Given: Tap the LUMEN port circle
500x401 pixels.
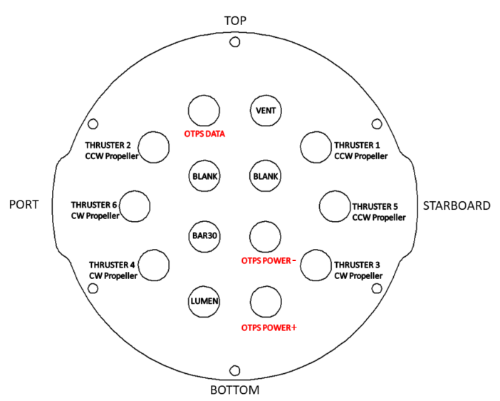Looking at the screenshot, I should tap(205, 301).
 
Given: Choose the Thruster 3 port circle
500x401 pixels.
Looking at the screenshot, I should tap(316, 265).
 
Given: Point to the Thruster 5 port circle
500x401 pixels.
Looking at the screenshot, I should tap(335, 206).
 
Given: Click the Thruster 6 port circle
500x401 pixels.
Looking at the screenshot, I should tap(135, 206).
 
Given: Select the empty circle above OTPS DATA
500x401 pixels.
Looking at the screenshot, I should tap(205, 111).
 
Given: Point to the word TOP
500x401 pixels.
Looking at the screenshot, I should tap(235, 21).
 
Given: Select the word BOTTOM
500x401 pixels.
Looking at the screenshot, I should tap(235, 390).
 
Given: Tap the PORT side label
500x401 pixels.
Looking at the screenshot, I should tap(24, 205).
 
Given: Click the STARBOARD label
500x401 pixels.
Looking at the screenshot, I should tap(457, 206).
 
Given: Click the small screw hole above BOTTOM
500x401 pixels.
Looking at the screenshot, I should tap(234, 370).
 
